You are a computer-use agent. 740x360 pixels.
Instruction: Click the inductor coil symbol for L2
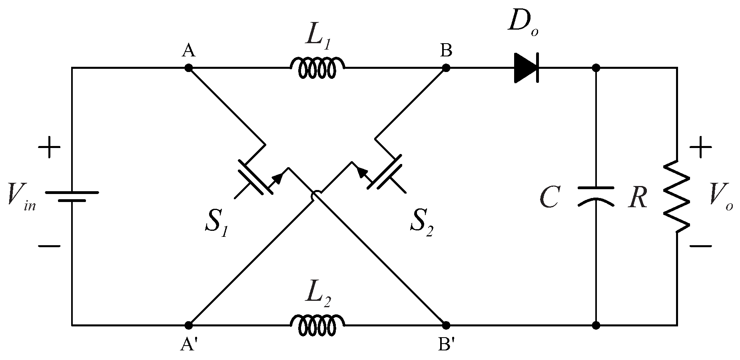coord(317,325)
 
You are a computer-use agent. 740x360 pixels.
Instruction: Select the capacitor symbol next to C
coord(596,196)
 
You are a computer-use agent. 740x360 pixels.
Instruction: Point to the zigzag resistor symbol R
coord(676,196)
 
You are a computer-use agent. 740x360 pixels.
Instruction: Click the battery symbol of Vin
coord(72,196)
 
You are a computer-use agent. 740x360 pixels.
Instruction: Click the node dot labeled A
coord(189,68)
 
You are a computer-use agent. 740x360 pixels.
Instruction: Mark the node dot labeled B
coord(446,68)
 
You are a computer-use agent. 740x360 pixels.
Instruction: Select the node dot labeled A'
coord(189,325)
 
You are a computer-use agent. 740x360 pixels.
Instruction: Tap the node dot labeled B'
coord(446,325)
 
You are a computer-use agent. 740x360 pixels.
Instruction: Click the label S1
coord(216,226)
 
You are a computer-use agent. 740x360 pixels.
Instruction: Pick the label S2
coord(421,226)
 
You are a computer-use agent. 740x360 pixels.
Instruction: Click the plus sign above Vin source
coord(49,147)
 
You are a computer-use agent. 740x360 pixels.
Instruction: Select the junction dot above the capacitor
coord(596,68)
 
